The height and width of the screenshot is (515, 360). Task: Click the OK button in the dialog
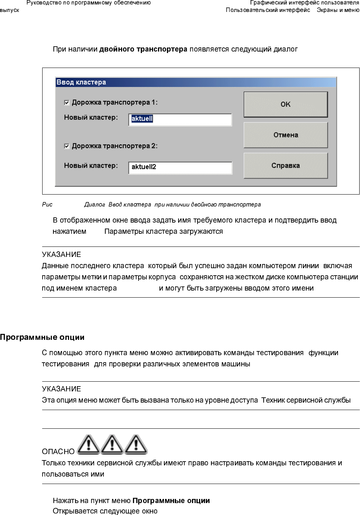(x=286, y=105)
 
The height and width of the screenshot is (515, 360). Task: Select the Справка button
(x=286, y=165)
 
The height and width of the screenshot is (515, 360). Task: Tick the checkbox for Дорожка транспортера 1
(x=67, y=103)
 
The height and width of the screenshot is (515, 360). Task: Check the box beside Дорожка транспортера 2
(x=67, y=146)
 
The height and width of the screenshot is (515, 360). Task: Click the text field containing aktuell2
(x=180, y=167)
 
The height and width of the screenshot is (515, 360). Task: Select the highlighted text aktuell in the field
(x=142, y=119)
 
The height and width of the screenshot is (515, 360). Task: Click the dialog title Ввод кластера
(x=81, y=82)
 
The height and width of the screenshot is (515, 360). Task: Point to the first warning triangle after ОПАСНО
(x=88, y=444)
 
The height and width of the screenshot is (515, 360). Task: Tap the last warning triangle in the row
(x=136, y=444)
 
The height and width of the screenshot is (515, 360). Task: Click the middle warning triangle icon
(x=112, y=444)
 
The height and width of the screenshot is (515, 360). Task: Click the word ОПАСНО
(x=58, y=452)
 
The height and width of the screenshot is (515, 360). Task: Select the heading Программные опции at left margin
(x=42, y=337)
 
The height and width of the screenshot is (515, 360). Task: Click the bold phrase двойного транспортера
(x=143, y=49)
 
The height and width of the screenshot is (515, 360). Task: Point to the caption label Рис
(x=47, y=205)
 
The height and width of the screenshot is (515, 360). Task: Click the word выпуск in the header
(x=10, y=10)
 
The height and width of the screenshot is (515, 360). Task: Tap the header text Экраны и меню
(x=338, y=10)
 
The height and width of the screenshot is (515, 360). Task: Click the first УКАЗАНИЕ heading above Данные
(x=61, y=255)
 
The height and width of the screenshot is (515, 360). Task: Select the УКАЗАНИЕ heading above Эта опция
(x=61, y=389)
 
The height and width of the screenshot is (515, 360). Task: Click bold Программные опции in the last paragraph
(x=171, y=501)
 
